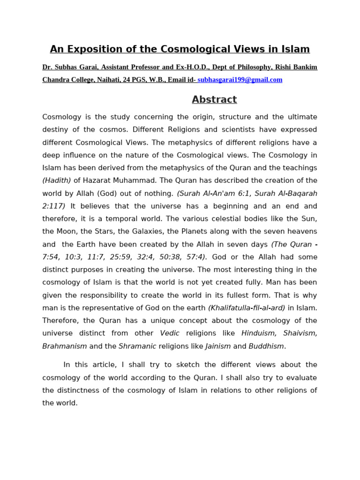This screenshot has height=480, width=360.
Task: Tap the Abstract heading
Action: [214, 99]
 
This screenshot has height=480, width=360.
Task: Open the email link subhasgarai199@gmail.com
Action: [240, 80]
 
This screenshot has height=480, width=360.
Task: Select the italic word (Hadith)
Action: [57, 180]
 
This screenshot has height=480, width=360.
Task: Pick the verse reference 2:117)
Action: [54, 206]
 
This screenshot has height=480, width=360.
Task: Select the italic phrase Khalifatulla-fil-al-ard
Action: [247, 308]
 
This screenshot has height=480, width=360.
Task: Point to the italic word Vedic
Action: [170, 333]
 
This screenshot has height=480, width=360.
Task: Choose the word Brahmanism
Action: [64, 346]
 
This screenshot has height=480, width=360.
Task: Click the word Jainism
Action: [218, 346]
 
